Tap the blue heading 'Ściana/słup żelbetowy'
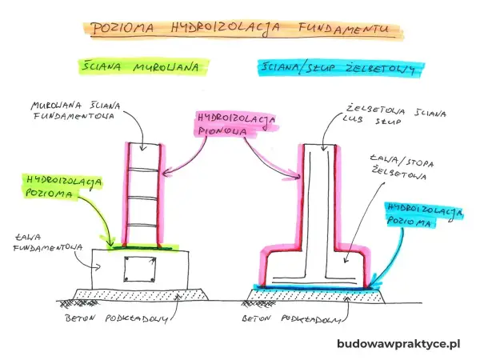pyautogui.click(x=338, y=68)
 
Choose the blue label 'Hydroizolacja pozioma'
pyautogui.click(x=425, y=214)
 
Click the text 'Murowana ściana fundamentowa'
pyautogui.click(x=75, y=110)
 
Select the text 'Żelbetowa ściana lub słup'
pyautogui.click(x=394, y=115)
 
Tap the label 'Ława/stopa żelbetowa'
pyautogui.click(x=402, y=167)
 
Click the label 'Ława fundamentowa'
pyautogui.click(x=47, y=242)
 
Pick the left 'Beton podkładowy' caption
pyautogui.click(x=116, y=318)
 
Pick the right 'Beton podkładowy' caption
pyautogui.click(x=291, y=318)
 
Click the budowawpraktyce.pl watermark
pyautogui.click(x=398, y=343)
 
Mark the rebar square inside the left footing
pyautogui.click(x=139, y=270)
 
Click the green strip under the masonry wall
pyautogui.click(x=143, y=246)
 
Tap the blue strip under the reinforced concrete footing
pyautogui.click(x=315, y=287)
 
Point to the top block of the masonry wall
pyautogui.click(x=143, y=156)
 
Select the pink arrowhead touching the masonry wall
pyautogui.click(x=167, y=174)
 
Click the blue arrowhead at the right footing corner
pyautogui.click(x=374, y=284)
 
